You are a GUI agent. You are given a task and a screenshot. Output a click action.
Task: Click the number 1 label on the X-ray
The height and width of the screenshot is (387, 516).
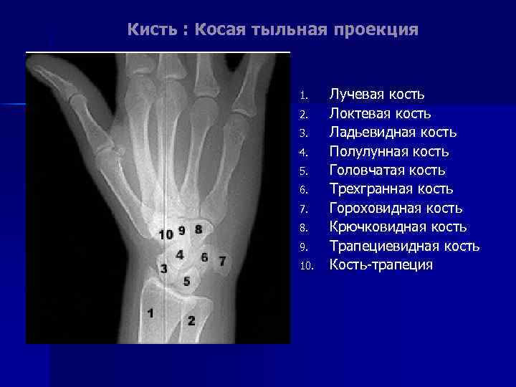coord(150,312)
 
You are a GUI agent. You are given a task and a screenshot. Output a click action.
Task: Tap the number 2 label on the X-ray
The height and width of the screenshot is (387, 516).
coord(191,320)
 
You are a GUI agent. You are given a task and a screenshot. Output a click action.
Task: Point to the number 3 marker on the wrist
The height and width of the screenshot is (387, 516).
coord(164,269)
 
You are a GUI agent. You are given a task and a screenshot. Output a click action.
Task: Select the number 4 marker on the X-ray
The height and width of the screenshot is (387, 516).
coord(179,254)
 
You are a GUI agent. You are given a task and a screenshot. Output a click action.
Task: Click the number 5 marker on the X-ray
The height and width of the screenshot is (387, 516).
coord(186,282)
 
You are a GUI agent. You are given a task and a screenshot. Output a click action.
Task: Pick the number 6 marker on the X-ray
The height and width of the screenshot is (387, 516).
coord(204,257)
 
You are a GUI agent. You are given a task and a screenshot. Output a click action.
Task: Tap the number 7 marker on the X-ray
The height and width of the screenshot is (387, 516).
coord(222,260)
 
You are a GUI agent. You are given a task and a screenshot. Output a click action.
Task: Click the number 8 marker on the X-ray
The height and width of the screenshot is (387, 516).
coord(198,229)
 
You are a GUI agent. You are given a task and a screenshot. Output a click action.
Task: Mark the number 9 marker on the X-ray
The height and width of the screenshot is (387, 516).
coord(182,231)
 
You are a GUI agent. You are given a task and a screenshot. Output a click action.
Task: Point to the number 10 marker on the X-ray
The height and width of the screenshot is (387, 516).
coord(166,234)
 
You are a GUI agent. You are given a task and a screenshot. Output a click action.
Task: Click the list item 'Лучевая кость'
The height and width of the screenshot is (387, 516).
coord(377,95)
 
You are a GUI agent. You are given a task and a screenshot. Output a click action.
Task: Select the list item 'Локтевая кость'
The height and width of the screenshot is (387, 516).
coord(380,113)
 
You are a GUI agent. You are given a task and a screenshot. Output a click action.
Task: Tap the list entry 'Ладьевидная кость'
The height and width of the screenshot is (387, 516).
coord(393,133)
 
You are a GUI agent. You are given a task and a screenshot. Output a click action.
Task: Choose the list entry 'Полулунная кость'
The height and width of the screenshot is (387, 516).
coord(389,151)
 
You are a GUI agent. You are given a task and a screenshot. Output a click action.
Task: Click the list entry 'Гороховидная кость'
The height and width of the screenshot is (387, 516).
coord(396,209)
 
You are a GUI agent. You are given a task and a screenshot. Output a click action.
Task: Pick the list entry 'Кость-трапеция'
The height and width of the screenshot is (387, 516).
coord(381,265)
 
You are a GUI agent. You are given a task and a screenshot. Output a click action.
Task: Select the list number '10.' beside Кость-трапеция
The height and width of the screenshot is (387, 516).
coord(307,266)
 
